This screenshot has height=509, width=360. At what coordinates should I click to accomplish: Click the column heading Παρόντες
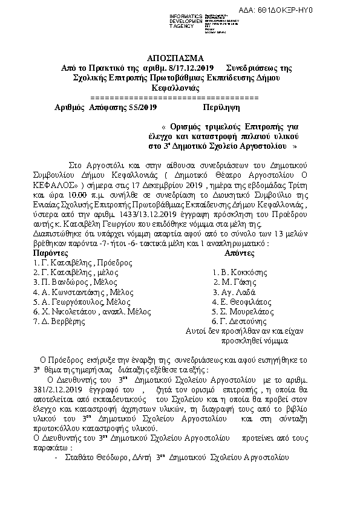point(51,253)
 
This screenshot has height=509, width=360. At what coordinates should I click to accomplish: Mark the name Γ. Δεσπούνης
point(237,321)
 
